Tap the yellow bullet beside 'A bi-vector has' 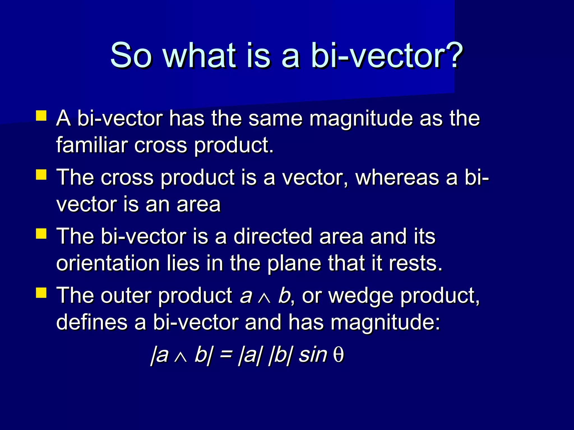[x=41, y=115]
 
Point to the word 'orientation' [x=108, y=263]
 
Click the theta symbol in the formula [x=338, y=356]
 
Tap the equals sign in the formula [x=226, y=355]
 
